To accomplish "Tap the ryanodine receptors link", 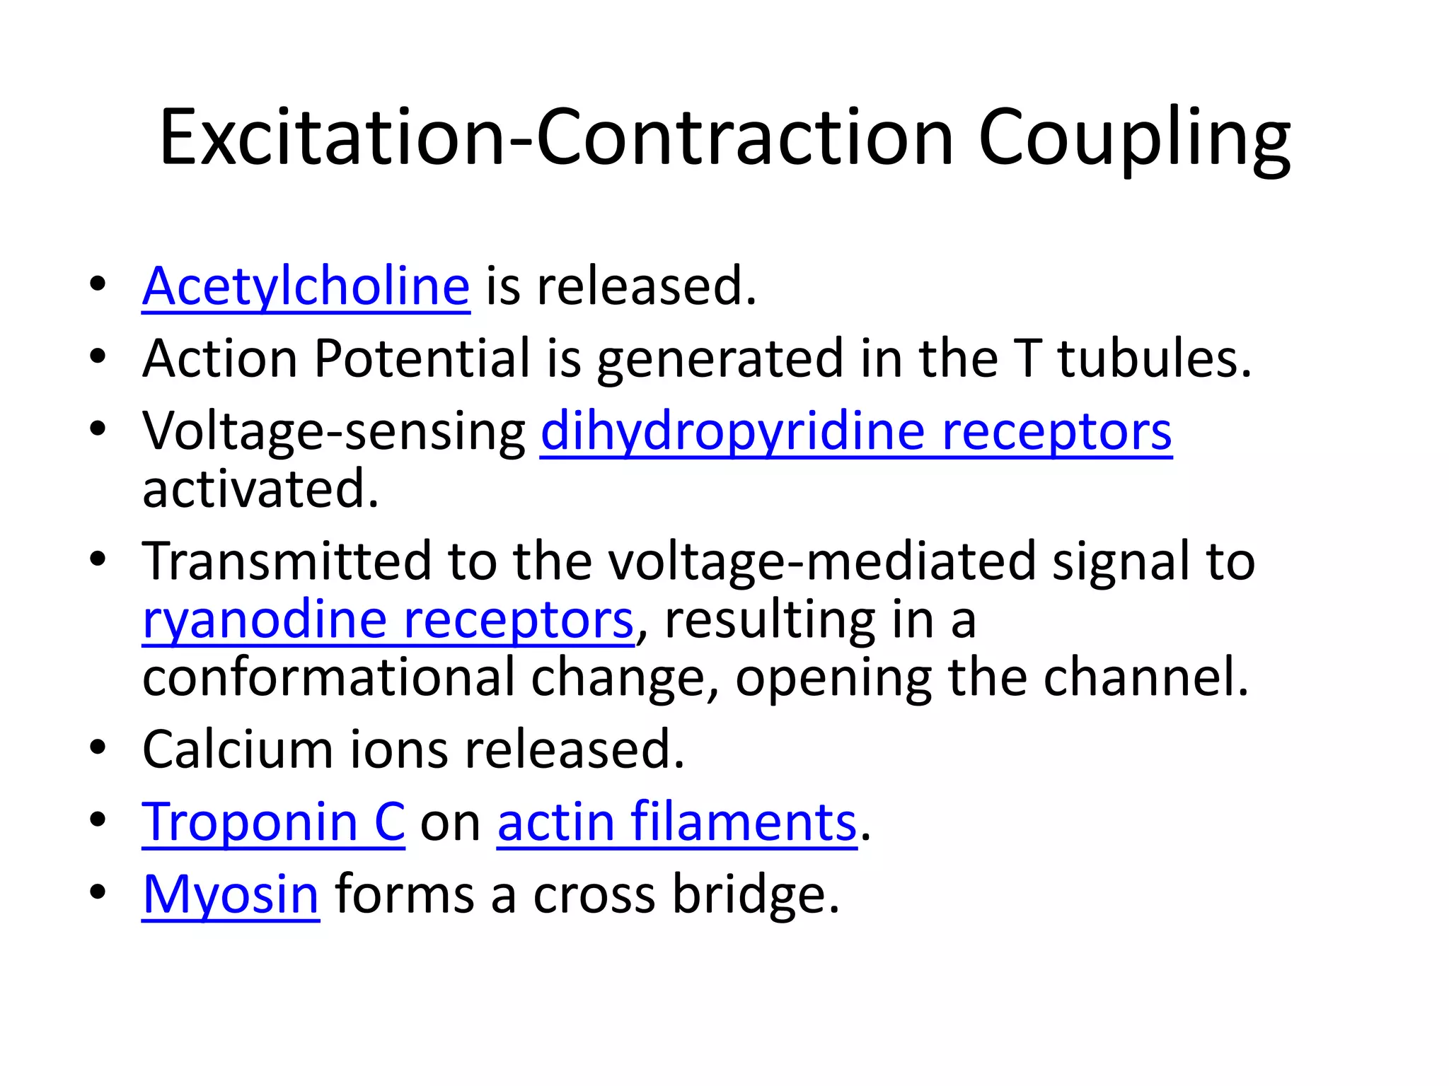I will coord(388,620).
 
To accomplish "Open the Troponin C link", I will coord(273,822).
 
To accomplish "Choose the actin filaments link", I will coord(676,822).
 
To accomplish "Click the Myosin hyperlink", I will coord(231,895).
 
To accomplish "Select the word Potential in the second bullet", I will coord(422,358).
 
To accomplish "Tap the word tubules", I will coord(1154,358).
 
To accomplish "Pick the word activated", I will coord(260,489).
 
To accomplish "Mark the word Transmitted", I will coord(286,561).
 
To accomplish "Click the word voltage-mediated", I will coord(821,561).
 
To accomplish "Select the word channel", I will coord(1145,678).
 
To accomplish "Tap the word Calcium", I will coord(237,749).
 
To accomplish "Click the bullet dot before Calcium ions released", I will coord(98,747).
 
